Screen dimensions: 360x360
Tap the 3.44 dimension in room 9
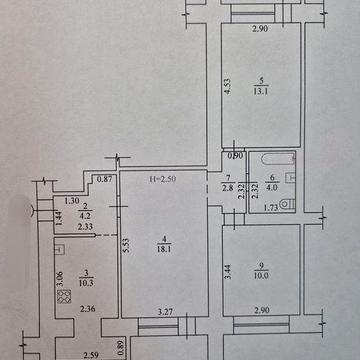coord(229,268)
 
